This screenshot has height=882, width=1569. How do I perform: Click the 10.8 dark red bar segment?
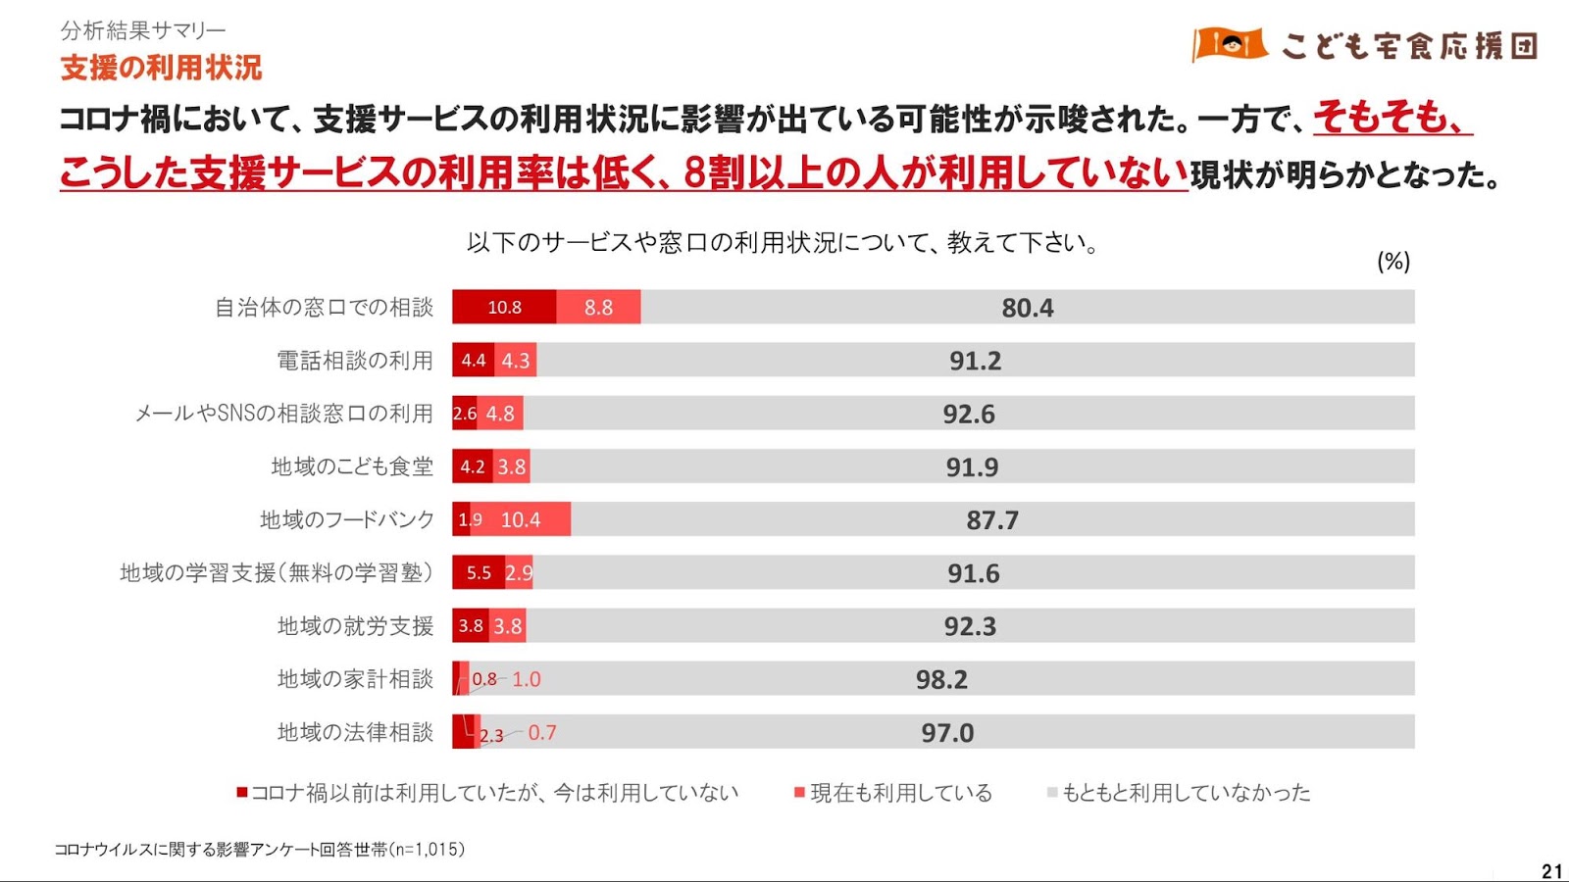pyautogui.click(x=504, y=308)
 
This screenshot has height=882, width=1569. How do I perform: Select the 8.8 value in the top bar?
pyautogui.click(x=598, y=308)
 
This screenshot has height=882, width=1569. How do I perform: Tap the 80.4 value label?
pyautogui.click(x=1027, y=309)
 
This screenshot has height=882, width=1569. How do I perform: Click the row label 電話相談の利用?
pyautogui.click(x=354, y=361)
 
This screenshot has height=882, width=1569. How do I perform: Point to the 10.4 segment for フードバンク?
pyautogui.click(x=521, y=519)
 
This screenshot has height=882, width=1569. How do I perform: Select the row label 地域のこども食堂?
pyautogui.click(x=351, y=466)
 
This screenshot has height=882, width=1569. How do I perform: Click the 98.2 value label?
pyautogui.click(x=941, y=679)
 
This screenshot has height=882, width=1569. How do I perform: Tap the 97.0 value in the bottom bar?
pyautogui.click(x=947, y=733)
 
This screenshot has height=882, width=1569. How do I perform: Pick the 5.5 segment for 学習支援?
pyautogui.click(x=479, y=573)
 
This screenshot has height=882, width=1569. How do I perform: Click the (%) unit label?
pyautogui.click(x=1393, y=262)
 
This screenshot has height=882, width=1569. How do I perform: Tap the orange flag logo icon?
pyautogui.click(x=1230, y=44)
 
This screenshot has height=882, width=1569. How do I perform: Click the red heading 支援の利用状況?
pyautogui.click(x=161, y=68)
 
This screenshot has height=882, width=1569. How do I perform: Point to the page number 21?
pyautogui.click(x=1551, y=870)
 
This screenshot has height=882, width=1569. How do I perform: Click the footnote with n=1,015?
pyautogui.click(x=259, y=850)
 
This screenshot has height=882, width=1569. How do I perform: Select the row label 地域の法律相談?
pyautogui.click(x=354, y=732)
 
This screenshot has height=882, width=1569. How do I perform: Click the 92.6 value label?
pyautogui.click(x=969, y=415)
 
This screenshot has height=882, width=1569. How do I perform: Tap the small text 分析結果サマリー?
pyautogui.click(x=143, y=30)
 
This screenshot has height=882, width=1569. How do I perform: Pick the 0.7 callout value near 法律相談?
pyautogui.click(x=541, y=733)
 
